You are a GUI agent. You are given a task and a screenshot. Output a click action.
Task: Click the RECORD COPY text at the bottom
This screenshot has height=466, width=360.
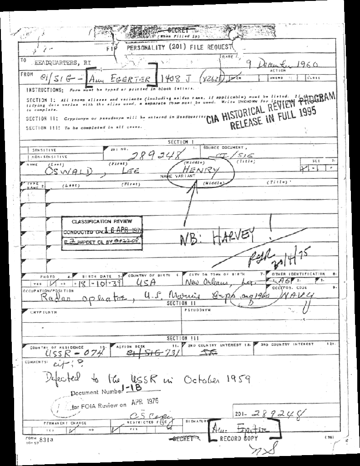click(x=239, y=439)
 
